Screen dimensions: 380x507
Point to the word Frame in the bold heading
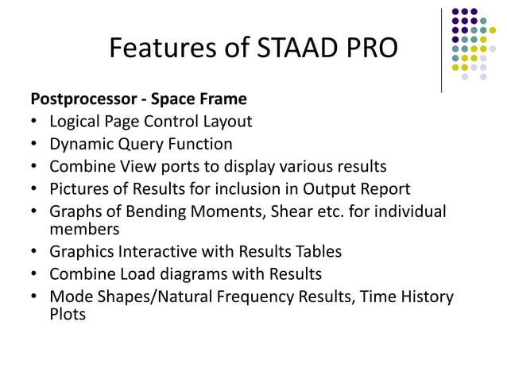coord(225,100)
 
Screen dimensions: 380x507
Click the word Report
coord(385,189)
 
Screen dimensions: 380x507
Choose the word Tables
coord(317,252)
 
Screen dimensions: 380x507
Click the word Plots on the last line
coord(68,314)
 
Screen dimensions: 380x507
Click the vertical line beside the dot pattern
coord(441,49)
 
